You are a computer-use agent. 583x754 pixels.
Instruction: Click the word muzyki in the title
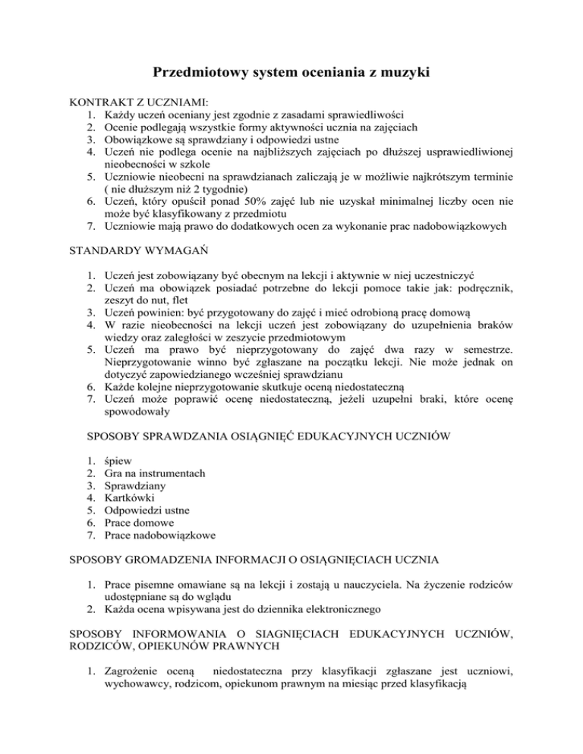point(403,74)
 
